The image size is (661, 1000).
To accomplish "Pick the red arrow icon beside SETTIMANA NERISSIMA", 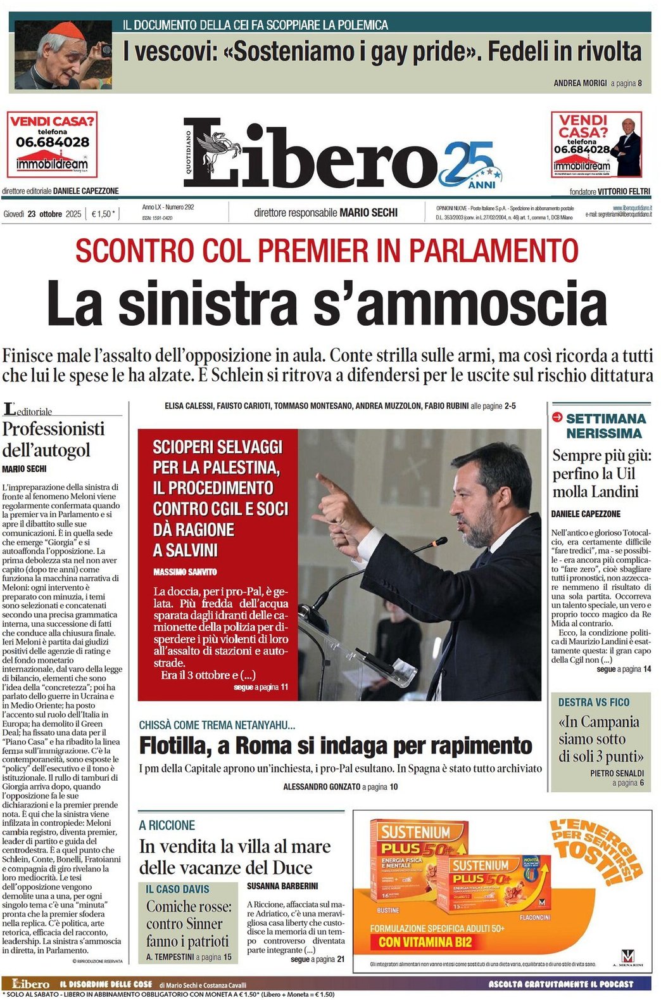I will [557, 417].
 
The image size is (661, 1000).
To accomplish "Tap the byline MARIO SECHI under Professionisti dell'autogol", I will [24, 469].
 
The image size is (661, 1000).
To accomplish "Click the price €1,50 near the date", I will [103, 214].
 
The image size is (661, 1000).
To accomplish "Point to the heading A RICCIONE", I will [167, 825].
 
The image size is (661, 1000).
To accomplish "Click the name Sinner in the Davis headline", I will [204, 924].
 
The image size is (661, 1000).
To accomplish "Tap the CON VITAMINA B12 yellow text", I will [425, 942].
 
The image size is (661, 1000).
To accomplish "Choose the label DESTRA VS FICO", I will [593, 702].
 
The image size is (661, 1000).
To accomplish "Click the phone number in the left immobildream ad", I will [53, 143].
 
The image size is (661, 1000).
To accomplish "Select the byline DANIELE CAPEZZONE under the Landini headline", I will [586, 514].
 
